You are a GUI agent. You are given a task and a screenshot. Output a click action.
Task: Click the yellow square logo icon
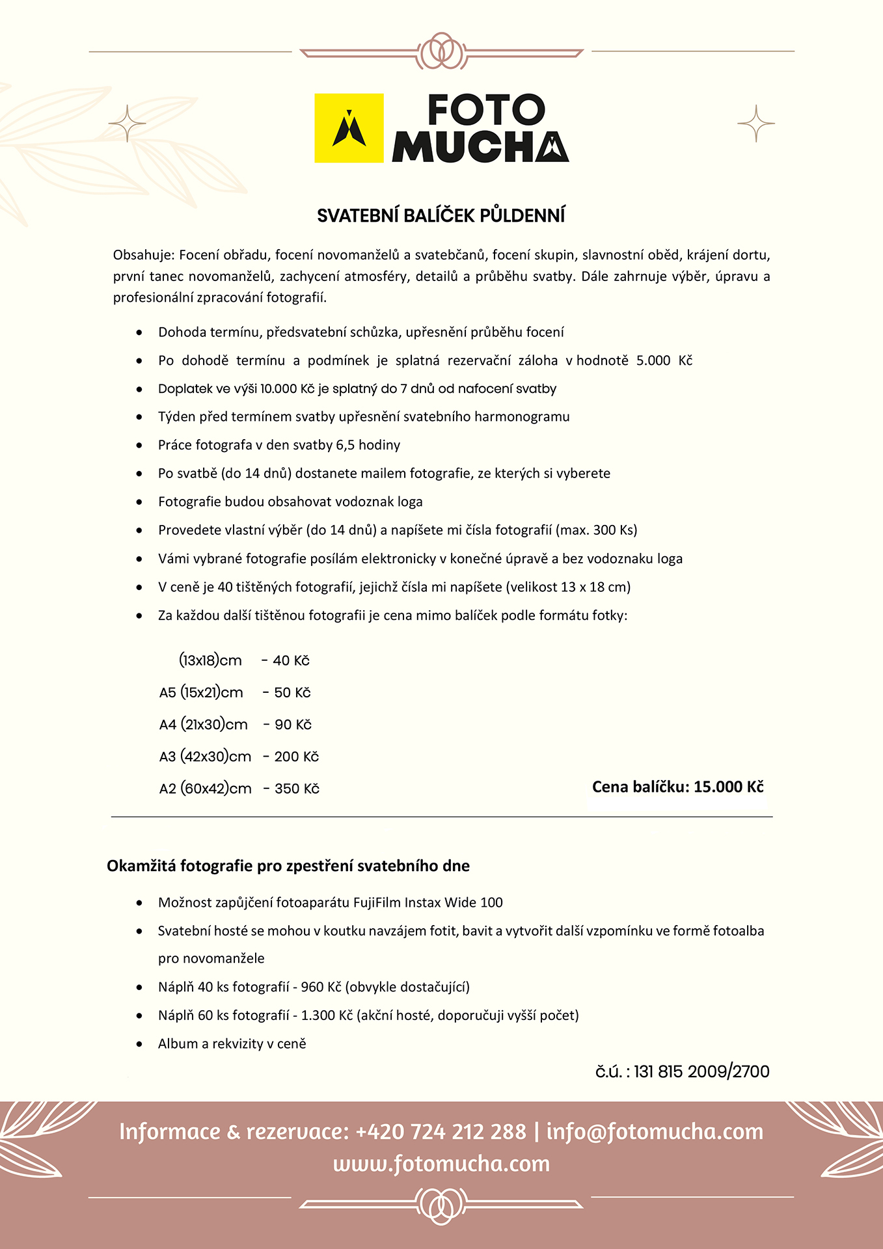(x=349, y=128)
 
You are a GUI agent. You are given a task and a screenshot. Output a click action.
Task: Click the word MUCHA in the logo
(x=480, y=147)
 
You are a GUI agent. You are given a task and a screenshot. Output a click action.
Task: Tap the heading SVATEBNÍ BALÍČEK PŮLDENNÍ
(x=441, y=216)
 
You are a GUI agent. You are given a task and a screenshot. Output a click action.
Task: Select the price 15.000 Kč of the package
(x=728, y=787)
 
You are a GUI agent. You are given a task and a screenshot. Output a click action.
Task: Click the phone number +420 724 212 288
(x=441, y=1132)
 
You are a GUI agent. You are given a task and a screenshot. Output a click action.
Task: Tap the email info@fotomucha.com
(x=655, y=1132)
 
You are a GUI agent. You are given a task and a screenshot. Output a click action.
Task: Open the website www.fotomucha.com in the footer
(x=441, y=1164)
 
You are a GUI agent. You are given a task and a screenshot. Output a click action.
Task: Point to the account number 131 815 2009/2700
(x=701, y=1071)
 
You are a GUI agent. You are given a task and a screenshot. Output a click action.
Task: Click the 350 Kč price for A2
(x=297, y=789)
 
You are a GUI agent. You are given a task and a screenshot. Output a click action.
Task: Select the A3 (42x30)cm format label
(x=205, y=757)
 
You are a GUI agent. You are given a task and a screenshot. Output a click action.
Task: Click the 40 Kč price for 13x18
(x=291, y=661)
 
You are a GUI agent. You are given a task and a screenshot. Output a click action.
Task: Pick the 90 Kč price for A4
(x=293, y=725)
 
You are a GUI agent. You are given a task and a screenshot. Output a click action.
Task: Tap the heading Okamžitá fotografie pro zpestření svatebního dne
(x=288, y=866)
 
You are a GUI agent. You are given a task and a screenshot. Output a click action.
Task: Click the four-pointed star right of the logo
(x=756, y=123)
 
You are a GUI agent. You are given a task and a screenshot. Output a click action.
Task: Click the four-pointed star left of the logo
(x=127, y=123)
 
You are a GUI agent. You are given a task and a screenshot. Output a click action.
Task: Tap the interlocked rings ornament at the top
(x=442, y=51)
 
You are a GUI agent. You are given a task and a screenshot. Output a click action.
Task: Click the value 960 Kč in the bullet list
(x=321, y=987)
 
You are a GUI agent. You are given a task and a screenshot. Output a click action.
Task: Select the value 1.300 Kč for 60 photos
(x=327, y=1015)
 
